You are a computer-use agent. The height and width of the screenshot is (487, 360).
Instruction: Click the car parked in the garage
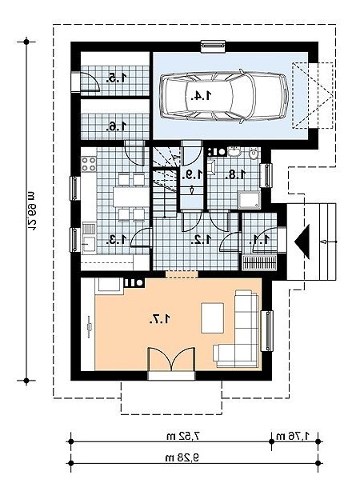click(x=224, y=96)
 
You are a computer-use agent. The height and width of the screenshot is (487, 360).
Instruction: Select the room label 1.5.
click(x=117, y=78)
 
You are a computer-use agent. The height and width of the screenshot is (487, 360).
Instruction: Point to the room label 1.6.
click(x=117, y=126)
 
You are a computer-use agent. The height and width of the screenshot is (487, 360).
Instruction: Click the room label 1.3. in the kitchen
click(x=117, y=239)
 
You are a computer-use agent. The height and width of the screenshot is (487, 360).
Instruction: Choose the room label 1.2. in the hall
click(x=201, y=239)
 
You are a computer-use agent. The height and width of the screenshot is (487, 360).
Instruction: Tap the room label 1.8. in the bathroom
click(x=235, y=175)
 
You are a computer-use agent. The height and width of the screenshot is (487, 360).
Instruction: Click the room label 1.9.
click(x=192, y=175)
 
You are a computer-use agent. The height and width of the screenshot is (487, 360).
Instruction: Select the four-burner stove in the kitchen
click(x=89, y=164)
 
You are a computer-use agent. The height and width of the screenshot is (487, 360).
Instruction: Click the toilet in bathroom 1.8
click(x=254, y=153)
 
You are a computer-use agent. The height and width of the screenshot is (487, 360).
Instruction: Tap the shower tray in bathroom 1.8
click(x=250, y=200)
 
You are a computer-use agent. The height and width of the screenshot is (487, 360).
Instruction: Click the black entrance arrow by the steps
click(x=302, y=242)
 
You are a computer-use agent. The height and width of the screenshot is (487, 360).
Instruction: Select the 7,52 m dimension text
click(x=182, y=436)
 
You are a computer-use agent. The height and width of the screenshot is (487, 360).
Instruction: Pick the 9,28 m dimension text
click(x=182, y=457)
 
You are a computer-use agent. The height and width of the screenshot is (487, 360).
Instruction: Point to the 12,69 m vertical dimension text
click(x=31, y=211)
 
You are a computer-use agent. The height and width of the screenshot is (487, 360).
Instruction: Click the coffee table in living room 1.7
click(x=213, y=317)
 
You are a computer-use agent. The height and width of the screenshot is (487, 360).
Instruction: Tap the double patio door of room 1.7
click(x=171, y=361)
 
